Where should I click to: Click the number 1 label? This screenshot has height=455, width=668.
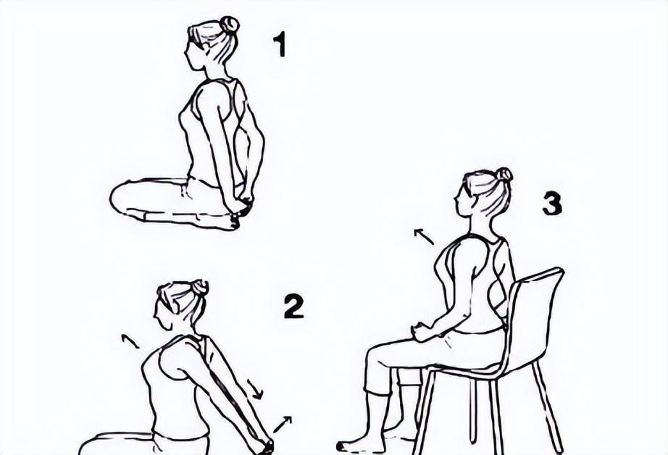pyautogui.click(x=280, y=45)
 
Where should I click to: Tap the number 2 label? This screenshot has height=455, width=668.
pyautogui.click(x=294, y=306)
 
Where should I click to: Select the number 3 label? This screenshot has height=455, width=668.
pyautogui.click(x=552, y=204)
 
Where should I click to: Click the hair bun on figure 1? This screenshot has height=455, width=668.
pyautogui.click(x=229, y=25)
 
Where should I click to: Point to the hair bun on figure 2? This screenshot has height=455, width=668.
pyautogui.click(x=200, y=287)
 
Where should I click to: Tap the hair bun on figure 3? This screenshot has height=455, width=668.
pyautogui.click(x=504, y=174)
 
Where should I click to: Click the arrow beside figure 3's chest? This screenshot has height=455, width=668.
pyautogui.click(x=424, y=237)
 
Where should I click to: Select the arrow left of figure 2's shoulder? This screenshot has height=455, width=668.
pyautogui.click(x=130, y=341)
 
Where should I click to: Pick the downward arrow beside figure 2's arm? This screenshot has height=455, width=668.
pyautogui.click(x=255, y=389)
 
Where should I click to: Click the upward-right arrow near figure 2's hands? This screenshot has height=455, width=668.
pyautogui.click(x=283, y=425)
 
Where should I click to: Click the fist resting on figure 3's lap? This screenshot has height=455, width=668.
pyautogui.click(x=421, y=331)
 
